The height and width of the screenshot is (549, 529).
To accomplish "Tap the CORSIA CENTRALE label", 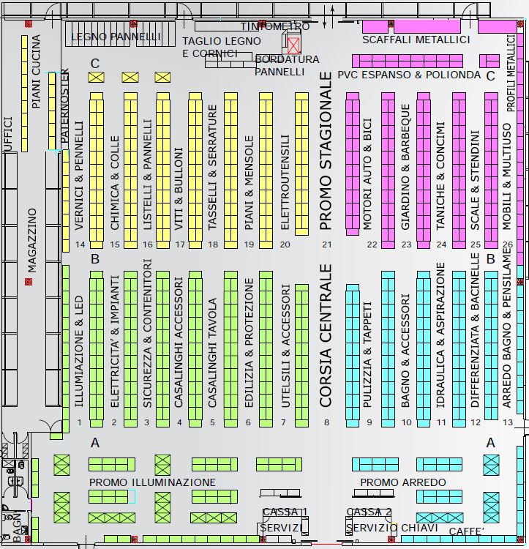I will (x=326, y=335).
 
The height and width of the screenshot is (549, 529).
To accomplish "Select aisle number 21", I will (x=327, y=244).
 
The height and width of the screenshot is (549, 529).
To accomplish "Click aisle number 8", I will (x=327, y=422).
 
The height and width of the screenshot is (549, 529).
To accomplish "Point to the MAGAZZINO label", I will (x=31, y=240).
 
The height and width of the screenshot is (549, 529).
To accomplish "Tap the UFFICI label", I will (x=8, y=134).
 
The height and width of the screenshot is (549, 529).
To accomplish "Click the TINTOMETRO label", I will (x=275, y=26).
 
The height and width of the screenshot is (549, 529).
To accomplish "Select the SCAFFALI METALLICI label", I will (x=416, y=40).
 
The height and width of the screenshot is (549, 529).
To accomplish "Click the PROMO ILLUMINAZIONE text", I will (x=152, y=482).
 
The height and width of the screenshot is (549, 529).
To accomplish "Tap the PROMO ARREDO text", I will (x=402, y=482).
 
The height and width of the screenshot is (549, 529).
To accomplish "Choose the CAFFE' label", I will (x=467, y=531).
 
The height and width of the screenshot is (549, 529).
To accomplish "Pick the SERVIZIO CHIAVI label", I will (x=392, y=528).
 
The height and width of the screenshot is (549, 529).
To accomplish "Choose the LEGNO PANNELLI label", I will (x=116, y=37).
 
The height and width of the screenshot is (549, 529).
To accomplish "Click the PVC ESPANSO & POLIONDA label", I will (x=409, y=75).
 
